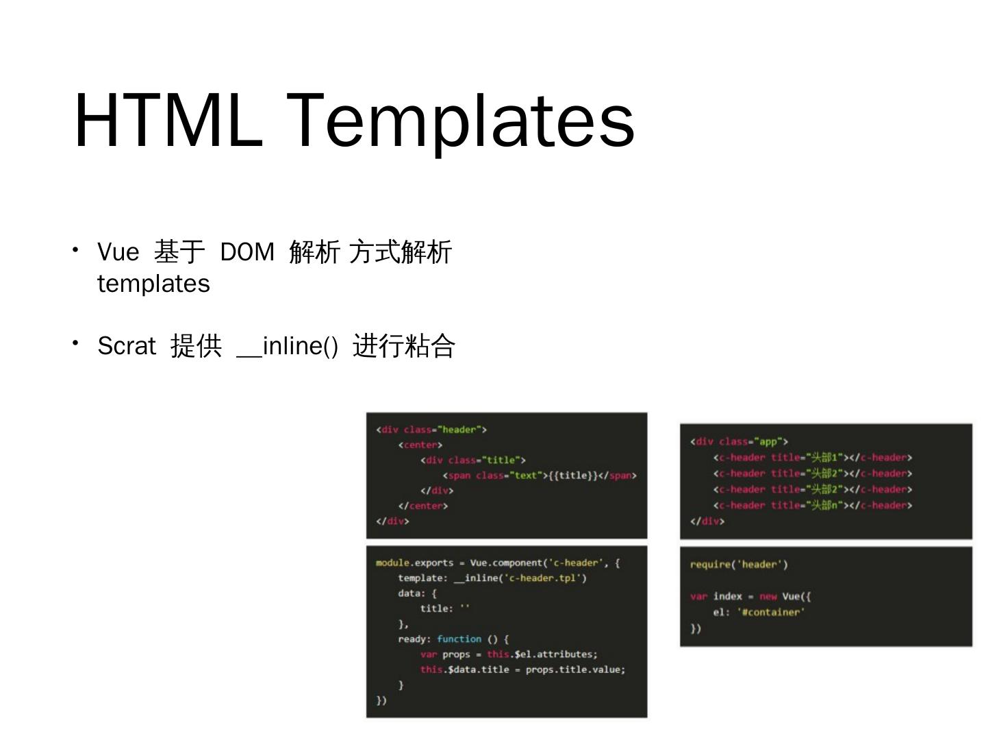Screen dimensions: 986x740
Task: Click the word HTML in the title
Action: pyautogui.click(x=168, y=121)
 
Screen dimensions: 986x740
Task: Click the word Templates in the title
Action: pyautogui.click(x=460, y=122)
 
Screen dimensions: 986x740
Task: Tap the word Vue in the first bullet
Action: pyautogui.click(x=118, y=251)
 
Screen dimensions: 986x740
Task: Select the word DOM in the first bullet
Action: pyautogui.click(x=247, y=251)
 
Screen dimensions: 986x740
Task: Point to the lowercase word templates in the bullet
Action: pyautogui.click(x=153, y=284)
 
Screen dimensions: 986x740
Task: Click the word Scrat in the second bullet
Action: pyautogui.click(x=127, y=345)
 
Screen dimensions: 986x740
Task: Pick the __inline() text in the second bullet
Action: pyautogui.click(x=287, y=345)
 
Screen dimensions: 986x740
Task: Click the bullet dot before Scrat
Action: pyautogui.click(x=76, y=343)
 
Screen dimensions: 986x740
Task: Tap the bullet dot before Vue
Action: pyautogui.click(x=76, y=249)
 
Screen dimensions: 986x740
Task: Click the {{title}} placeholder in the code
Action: pyautogui.click(x=573, y=476)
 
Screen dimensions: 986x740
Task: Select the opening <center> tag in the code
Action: pyautogui.click(x=420, y=445)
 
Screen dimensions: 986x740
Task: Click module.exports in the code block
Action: pyautogui.click(x=414, y=563)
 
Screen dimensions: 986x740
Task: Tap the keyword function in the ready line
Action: pyautogui.click(x=459, y=639)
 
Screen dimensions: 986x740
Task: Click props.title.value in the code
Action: pyautogui.click(x=575, y=669)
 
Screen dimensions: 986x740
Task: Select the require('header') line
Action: pyautogui.click(x=739, y=565)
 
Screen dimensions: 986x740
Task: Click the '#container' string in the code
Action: pyautogui.click(x=771, y=612)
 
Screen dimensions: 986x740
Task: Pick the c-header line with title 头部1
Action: pyautogui.click(x=812, y=458)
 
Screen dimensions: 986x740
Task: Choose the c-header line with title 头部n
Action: pyautogui.click(x=812, y=505)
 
